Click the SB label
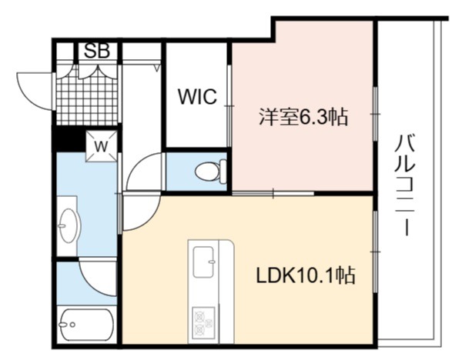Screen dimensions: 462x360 point(97,51)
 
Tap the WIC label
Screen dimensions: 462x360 point(197,96)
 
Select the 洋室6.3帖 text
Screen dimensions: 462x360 point(303,117)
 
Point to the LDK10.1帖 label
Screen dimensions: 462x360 point(306,275)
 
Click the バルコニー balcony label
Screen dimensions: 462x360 point(405,185)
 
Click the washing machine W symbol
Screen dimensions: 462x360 point(101,146)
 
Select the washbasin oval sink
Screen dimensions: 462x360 point(69,226)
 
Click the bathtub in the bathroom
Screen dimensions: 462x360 point(85,325)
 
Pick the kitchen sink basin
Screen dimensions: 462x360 point(203,262)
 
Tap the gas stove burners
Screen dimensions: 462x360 point(203,323)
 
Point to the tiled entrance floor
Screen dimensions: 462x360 point(87,94)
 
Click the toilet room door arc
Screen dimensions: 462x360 point(140,165)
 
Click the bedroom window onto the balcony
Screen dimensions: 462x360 point(376,114)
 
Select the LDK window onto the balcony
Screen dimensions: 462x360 point(376,252)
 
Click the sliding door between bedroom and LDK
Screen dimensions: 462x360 point(273,193)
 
